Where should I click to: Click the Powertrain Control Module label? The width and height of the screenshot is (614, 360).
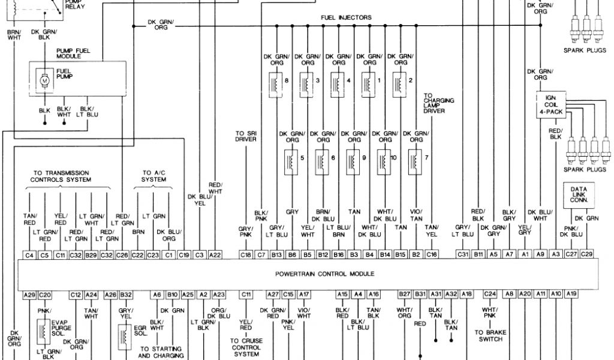[324, 274]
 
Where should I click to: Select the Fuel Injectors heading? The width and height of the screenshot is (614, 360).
[347, 17]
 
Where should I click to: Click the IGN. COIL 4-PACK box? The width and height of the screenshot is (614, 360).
[550, 105]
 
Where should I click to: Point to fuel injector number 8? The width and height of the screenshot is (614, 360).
[276, 83]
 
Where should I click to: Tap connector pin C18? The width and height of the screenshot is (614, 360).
[246, 255]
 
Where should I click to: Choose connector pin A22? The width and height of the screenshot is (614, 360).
[215, 255]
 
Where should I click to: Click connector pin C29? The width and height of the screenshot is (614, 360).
[587, 255]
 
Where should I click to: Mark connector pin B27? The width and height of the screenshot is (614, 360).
[404, 294]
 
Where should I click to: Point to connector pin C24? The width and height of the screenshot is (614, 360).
[490, 294]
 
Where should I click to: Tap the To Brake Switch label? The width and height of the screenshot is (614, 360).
[491, 335]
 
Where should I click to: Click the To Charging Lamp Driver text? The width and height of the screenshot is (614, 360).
[438, 103]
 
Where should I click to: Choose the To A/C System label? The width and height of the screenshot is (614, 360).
[153, 175]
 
